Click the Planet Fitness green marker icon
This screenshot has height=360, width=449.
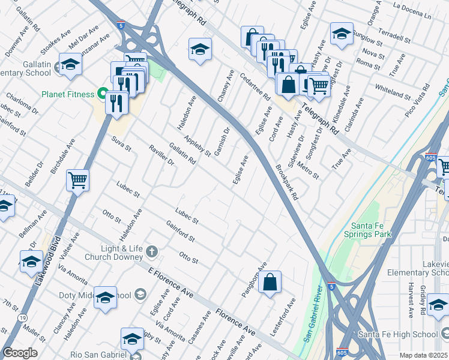pos(102,94)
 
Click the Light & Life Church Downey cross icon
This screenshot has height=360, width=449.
pos(152,251)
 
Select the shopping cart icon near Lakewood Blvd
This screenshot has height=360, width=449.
pos(78,179)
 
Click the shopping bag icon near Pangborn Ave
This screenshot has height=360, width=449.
pos(270,282)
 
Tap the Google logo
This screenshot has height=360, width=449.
pos(20,353)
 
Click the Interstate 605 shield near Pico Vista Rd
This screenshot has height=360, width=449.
pos(430,158)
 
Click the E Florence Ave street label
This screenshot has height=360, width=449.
pos(172,284)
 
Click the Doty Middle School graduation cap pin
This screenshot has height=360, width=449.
pos(105,298)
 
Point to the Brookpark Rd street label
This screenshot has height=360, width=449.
pos(287,182)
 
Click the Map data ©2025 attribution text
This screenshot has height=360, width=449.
pos(423,355)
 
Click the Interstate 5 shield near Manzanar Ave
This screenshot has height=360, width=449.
pos(121,26)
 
